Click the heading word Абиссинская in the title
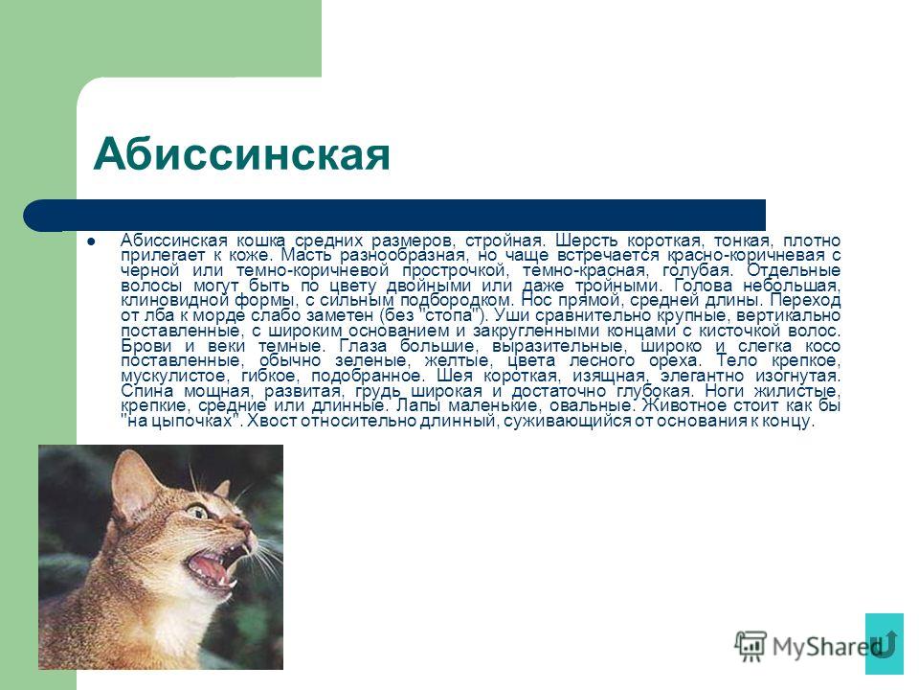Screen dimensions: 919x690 coord(241,153)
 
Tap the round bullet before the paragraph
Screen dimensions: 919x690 coord(91,241)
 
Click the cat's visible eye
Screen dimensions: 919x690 coord(199,513)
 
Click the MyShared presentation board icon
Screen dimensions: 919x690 coord(751,646)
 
